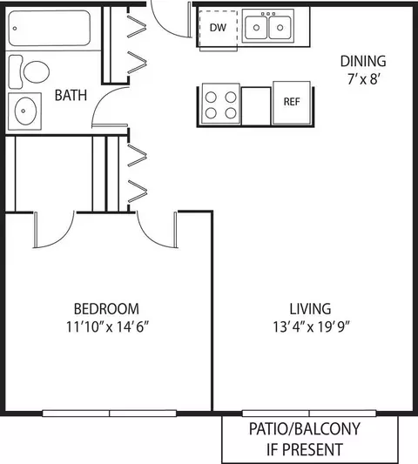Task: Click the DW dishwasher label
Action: pyautogui.click(x=218, y=28)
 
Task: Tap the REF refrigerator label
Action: pyautogui.click(x=292, y=102)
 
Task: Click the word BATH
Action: pyautogui.click(x=71, y=95)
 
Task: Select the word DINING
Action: pyautogui.click(x=363, y=61)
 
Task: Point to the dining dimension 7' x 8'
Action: pyautogui.click(x=363, y=79)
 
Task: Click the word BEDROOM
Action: pyautogui.click(x=106, y=309)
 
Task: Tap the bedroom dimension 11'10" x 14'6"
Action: pyautogui.click(x=107, y=327)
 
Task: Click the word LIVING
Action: pyautogui.click(x=310, y=309)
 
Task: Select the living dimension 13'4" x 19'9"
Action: pyautogui.click(x=311, y=327)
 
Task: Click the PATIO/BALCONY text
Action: pyautogui.click(x=305, y=429)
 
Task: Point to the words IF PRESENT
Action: pyautogui.click(x=305, y=449)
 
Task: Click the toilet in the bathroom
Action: pyautogui.click(x=29, y=72)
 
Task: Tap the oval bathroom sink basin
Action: pyautogui.click(x=26, y=111)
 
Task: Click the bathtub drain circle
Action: pyautogui.click(x=15, y=29)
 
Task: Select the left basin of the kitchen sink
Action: pyautogui.click(x=256, y=28)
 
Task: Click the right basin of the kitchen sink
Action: pyautogui.click(x=280, y=28)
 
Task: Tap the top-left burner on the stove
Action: pyautogui.click(x=211, y=97)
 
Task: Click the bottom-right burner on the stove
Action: pyautogui.click(x=231, y=113)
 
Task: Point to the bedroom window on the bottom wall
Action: pyautogui.click(x=109, y=414)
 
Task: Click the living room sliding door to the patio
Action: pyautogui.click(x=309, y=414)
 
